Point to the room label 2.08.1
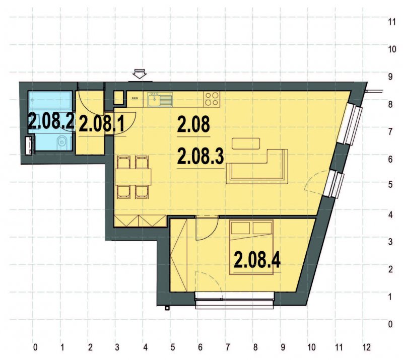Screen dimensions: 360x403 coord(102,123)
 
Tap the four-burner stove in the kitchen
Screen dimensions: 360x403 coord(212,99)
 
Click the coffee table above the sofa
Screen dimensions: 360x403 coord(246,143)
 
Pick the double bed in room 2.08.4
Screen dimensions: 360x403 coord(252,247)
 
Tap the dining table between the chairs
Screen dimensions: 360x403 coord(133,176)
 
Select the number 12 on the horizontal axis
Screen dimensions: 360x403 coord(366,347)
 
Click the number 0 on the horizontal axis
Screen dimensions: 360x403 coord(35,347)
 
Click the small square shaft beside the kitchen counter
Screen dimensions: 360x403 coord(119,97)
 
